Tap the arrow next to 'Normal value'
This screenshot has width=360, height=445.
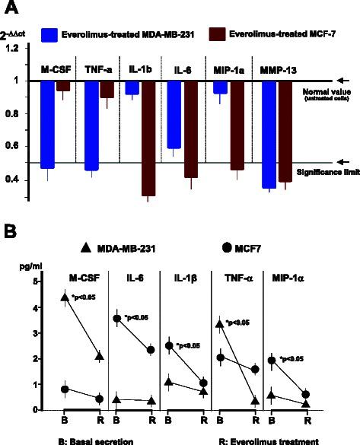(x=342, y=80)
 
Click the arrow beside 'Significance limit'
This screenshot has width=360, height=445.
(x=342, y=162)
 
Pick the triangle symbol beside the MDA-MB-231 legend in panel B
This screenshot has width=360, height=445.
(x=84, y=247)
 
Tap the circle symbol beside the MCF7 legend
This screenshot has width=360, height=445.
(x=228, y=247)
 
